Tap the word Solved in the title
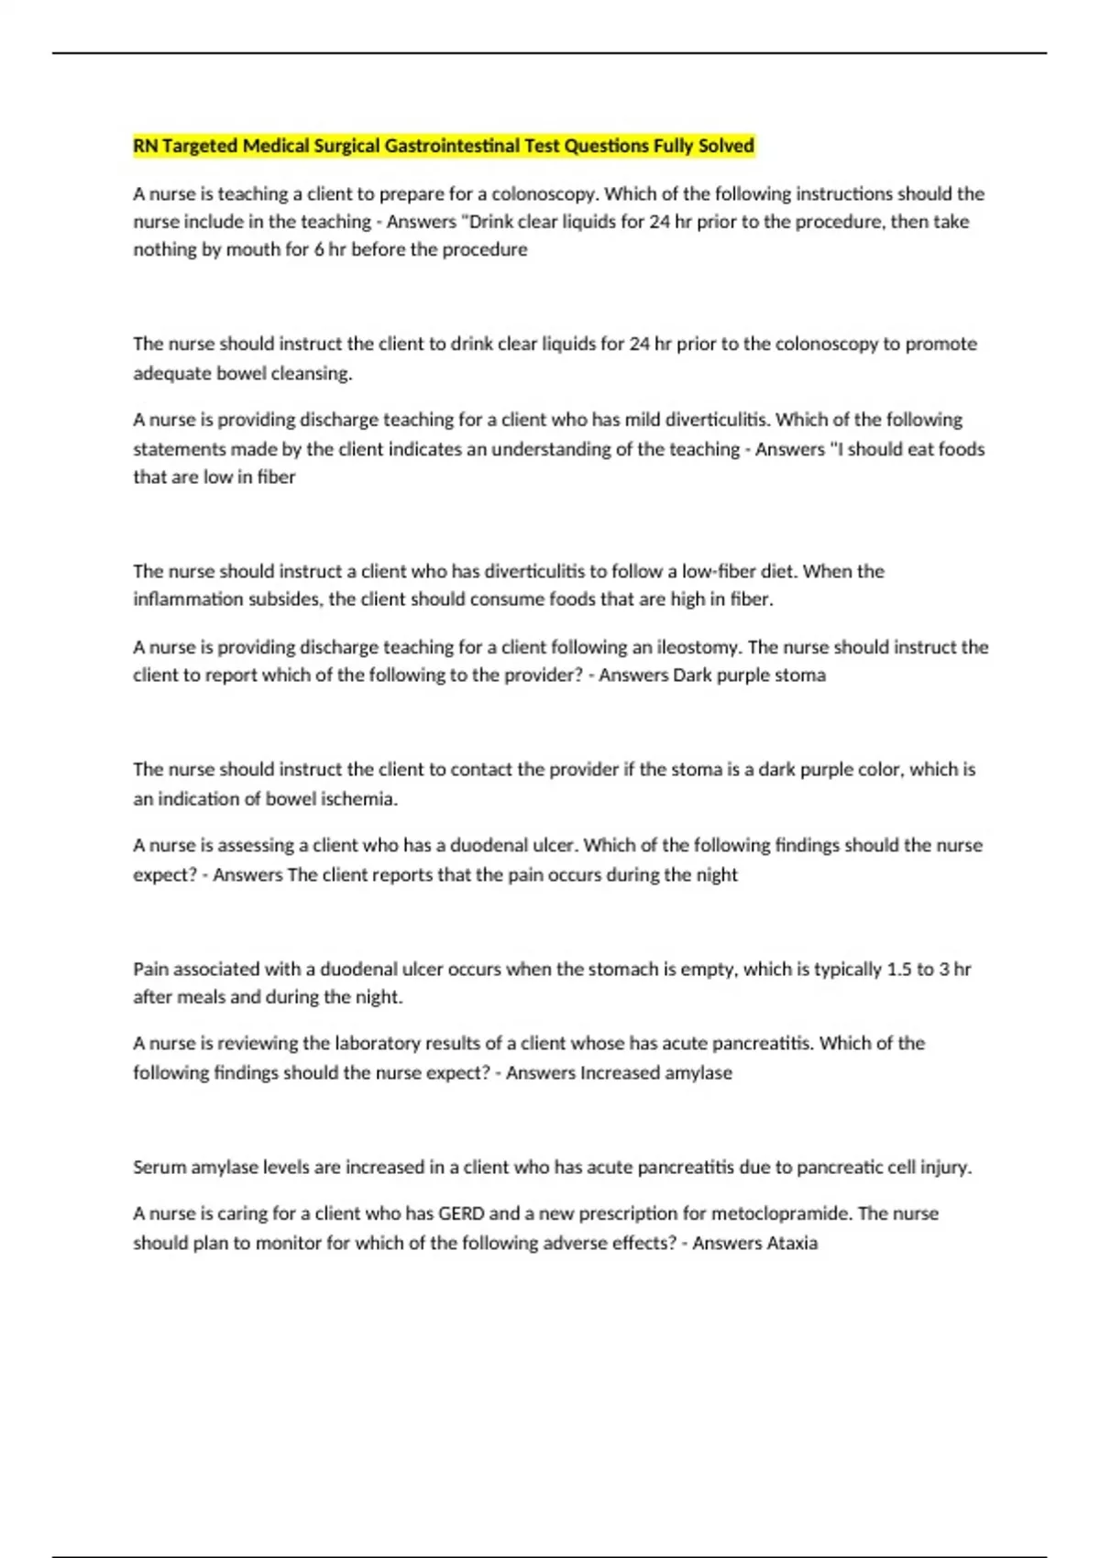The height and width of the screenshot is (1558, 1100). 725,146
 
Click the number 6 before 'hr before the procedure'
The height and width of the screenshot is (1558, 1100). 319,249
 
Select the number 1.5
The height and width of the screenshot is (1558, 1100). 899,969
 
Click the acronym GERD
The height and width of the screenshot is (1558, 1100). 461,1213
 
